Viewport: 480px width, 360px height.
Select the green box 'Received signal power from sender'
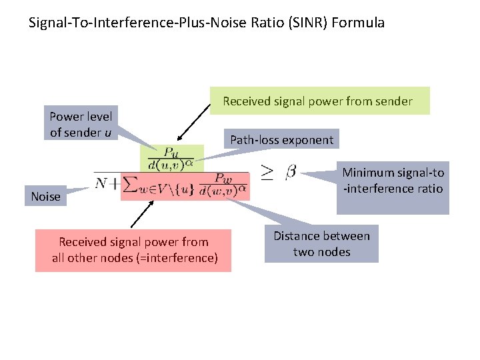click(320, 101)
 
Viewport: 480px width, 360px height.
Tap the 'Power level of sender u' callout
click(80, 125)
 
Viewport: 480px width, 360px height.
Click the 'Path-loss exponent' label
click(281, 139)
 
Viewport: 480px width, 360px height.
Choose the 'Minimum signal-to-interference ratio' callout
click(393, 187)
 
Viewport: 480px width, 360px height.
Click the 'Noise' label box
click(45, 197)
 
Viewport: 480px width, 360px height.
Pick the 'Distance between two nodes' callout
click(321, 244)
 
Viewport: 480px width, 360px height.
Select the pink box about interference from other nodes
click(133, 250)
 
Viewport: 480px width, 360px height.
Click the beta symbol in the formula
click(291, 173)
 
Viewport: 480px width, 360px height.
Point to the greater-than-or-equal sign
click(266, 173)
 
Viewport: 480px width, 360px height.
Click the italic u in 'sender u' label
click(108, 132)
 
